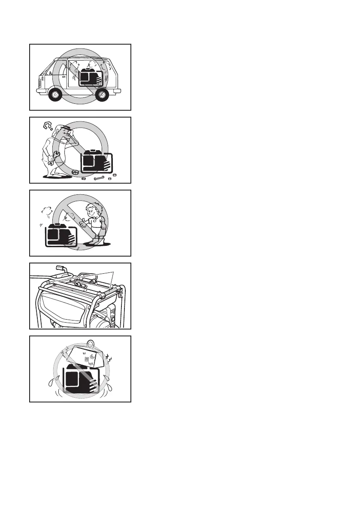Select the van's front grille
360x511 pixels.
point(40,83)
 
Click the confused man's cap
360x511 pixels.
point(60,129)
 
